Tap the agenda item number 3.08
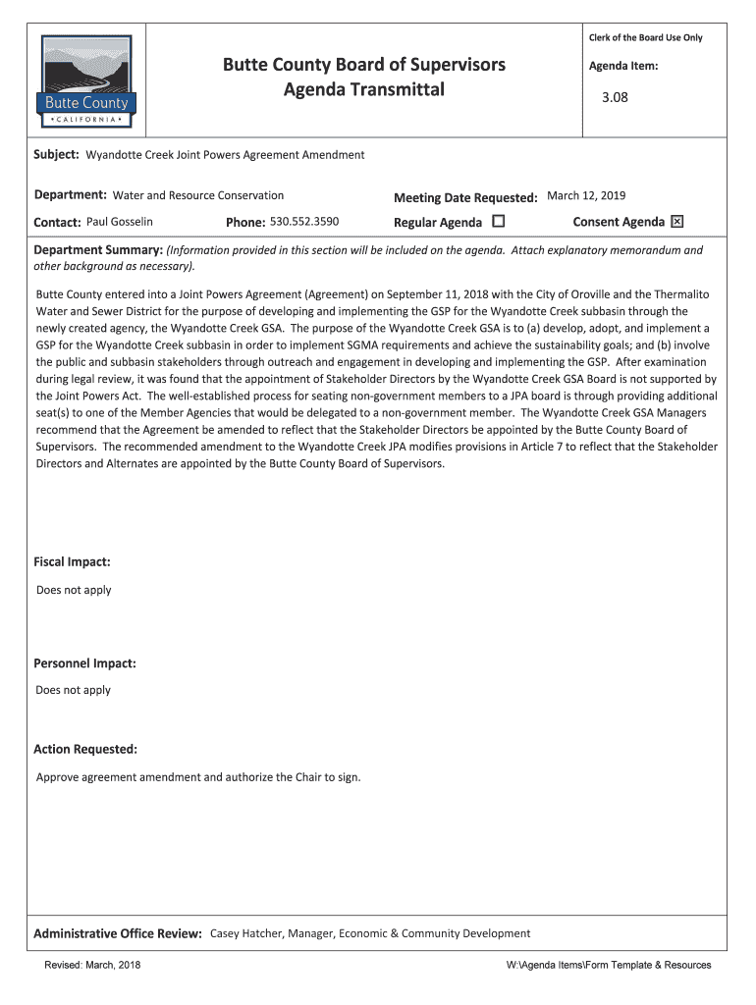click(615, 97)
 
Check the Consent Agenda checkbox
click(676, 222)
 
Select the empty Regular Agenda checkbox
click(498, 222)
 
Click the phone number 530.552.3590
click(304, 222)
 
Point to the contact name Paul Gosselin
click(120, 222)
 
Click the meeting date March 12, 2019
click(586, 195)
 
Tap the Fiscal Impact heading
click(72, 562)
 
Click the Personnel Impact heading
click(84, 663)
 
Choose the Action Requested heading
click(85, 750)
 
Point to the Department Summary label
click(97, 250)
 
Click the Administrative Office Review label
click(118, 933)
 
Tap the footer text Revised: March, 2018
click(92, 966)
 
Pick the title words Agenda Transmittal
click(363, 90)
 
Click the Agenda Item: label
click(623, 67)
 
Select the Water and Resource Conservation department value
click(198, 195)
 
